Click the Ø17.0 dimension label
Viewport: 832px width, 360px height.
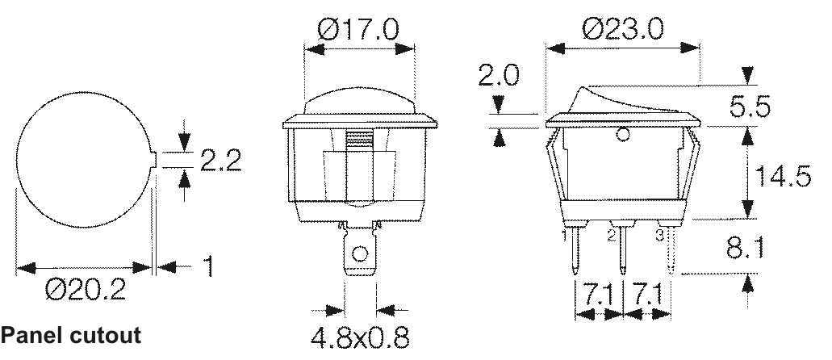point(359,31)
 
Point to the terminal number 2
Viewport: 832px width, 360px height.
point(611,236)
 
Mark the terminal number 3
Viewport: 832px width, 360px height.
point(658,236)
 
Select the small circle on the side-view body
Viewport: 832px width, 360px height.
point(621,136)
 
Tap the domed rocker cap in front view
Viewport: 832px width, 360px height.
point(359,102)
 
